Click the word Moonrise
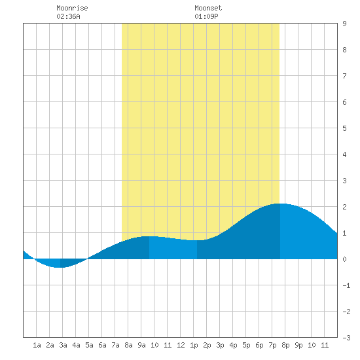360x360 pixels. [x=72, y=8]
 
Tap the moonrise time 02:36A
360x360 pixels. [x=68, y=16]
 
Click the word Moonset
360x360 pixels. [x=208, y=8]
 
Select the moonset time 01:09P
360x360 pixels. [x=206, y=16]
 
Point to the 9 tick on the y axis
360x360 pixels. [x=344, y=24]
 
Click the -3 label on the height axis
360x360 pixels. [x=346, y=338]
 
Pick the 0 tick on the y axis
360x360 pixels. [x=344, y=259]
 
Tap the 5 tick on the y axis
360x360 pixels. [x=344, y=128]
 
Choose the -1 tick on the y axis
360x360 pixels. [x=346, y=285]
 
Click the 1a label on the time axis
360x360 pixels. [x=37, y=345]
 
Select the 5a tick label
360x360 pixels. [x=89, y=345]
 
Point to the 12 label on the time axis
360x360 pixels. [x=181, y=345]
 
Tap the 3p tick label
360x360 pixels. [x=220, y=345]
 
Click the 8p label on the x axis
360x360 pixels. [x=285, y=345]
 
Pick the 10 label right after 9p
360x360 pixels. [x=312, y=345]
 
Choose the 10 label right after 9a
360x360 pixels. [x=154, y=345]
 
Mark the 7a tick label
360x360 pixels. [x=115, y=345]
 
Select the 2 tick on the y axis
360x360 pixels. [x=344, y=207]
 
